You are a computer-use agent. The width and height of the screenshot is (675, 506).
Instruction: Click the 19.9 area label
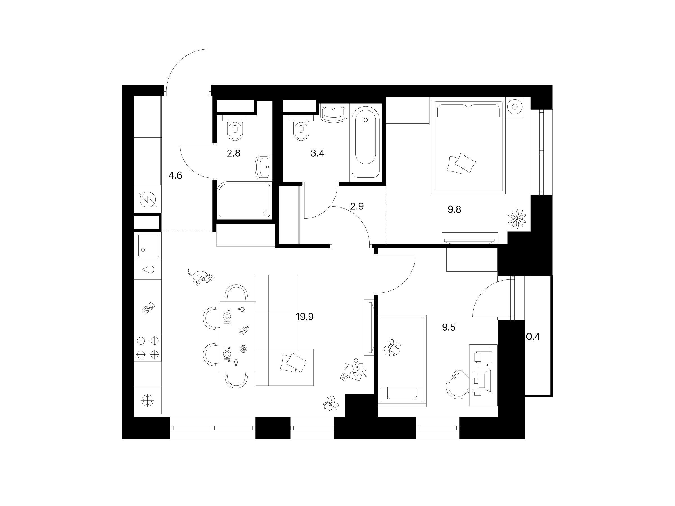(x=305, y=317)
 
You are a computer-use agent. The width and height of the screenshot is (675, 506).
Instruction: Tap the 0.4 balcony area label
(x=533, y=337)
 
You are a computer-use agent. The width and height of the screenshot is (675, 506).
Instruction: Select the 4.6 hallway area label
(x=175, y=175)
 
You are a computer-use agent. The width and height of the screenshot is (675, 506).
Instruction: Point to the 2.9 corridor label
(x=357, y=207)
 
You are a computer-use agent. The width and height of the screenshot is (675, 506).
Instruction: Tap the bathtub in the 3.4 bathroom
(x=366, y=142)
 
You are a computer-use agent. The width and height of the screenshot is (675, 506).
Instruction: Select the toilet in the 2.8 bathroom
(x=235, y=128)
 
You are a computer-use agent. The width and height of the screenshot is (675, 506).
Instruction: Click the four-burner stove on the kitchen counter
(x=148, y=347)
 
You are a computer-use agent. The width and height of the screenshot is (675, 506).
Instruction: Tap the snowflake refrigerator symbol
(x=147, y=400)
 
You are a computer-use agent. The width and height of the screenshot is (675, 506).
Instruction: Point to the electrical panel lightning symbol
(x=148, y=200)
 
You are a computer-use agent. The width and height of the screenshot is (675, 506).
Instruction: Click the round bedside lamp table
(x=515, y=107)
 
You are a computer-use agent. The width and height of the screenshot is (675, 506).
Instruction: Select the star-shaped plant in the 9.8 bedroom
(x=517, y=218)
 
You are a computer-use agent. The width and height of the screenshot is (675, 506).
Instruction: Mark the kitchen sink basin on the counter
(x=148, y=245)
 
